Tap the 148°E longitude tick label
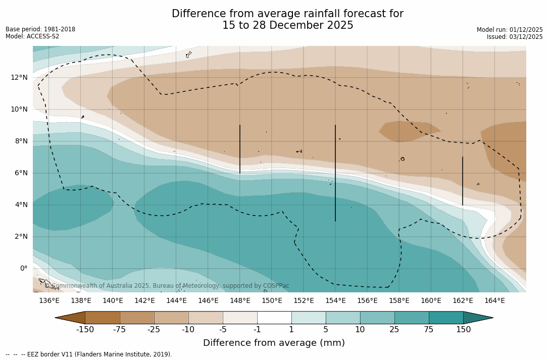(x=240, y=301)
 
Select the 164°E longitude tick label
(x=494, y=301)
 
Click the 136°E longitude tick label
(x=49, y=301)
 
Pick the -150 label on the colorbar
(x=85, y=330)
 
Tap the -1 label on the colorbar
(x=257, y=330)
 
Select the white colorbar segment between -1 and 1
(x=274, y=318)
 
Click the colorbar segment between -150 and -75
(x=103, y=318)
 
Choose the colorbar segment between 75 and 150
(x=446, y=318)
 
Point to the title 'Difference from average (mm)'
(x=274, y=343)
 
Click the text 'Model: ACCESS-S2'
(x=32, y=36)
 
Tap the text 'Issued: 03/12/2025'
(x=515, y=37)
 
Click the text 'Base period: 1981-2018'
(x=40, y=29)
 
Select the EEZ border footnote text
(x=89, y=354)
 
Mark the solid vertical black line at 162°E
(x=463, y=181)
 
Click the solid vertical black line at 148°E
(x=240, y=149)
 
